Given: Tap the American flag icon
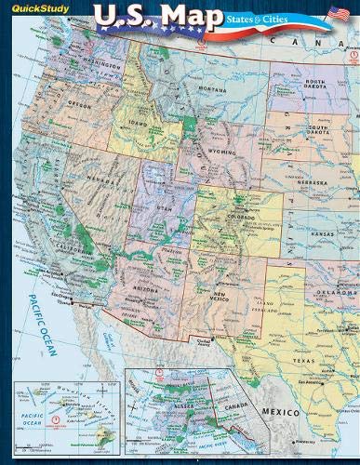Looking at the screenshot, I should [338, 13].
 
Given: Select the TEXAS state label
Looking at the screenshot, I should [304, 358].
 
